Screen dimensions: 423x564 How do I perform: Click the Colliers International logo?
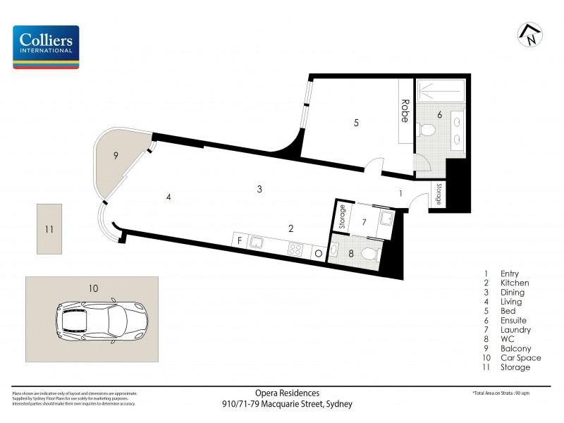pyautogui.click(x=46, y=47)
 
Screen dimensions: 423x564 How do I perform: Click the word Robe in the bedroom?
pyautogui.click(x=405, y=111)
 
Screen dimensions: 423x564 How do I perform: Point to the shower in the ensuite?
pyautogui.click(x=440, y=90)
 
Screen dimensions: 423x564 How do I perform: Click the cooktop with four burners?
pyautogui.click(x=295, y=249)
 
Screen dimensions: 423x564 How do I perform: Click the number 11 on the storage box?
pyautogui.click(x=49, y=229)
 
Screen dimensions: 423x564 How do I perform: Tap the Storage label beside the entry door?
pyautogui.click(x=439, y=194)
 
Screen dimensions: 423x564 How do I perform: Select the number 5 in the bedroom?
pyautogui.click(x=356, y=123)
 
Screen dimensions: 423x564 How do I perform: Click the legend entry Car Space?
pyautogui.click(x=520, y=357)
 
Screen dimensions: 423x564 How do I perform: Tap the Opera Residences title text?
pyautogui.click(x=287, y=393)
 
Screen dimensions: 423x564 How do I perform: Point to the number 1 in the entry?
pyautogui.click(x=400, y=192)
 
